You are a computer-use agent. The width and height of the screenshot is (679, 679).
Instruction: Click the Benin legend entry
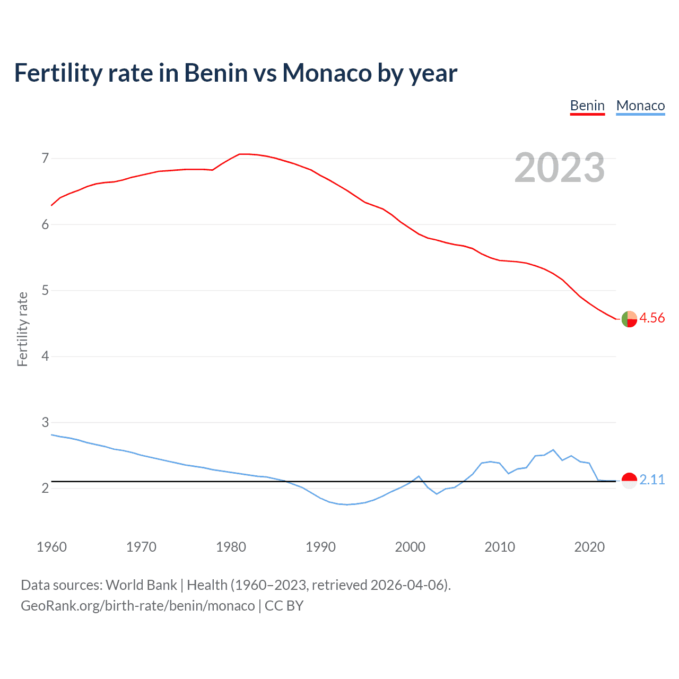click(x=587, y=106)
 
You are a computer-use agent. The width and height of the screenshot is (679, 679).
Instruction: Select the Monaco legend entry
click(x=640, y=106)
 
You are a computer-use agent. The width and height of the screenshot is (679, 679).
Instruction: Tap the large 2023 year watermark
click(x=560, y=168)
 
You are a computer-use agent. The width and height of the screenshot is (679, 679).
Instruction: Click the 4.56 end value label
click(x=652, y=318)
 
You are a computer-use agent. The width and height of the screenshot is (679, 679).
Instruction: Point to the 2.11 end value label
click(x=652, y=480)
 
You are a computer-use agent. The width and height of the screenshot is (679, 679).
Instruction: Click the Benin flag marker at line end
click(x=629, y=319)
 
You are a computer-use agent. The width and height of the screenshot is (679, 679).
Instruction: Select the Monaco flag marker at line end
click(x=629, y=481)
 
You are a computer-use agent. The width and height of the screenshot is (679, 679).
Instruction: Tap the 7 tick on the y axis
click(x=45, y=158)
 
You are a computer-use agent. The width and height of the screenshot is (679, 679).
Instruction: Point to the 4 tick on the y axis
click(x=45, y=356)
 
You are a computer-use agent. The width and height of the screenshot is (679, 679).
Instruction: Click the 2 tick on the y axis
click(x=45, y=488)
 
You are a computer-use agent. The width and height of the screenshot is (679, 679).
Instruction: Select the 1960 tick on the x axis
click(x=51, y=547)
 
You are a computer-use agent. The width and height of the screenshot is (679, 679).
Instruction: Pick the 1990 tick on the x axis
click(x=320, y=547)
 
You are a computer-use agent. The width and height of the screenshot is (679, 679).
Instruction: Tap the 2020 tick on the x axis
click(x=589, y=547)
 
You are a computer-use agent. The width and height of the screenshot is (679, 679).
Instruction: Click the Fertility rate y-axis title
click(x=22, y=329)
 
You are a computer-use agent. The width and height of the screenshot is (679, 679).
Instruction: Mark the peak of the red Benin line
click(x=242, y=154)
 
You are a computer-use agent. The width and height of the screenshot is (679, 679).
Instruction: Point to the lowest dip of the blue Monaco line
click(x=347, y=504)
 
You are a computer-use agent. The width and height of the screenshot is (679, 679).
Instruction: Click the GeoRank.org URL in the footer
click(x=137, y=606)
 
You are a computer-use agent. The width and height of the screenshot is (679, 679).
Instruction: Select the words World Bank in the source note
click(x=141, y=585)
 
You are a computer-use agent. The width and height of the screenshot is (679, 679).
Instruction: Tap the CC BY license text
click(x=284, y=606)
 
